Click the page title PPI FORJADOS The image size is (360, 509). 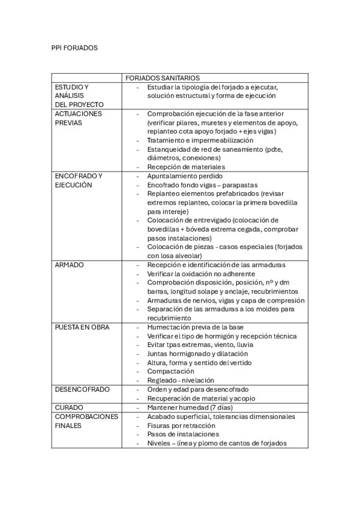point(74,47)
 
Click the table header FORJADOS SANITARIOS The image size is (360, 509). point(162,78)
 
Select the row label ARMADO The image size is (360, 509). point(70,265)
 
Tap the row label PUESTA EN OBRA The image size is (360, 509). point(82,327)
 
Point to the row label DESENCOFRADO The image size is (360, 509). point(82,390)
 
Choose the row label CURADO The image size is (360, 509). point(69,408)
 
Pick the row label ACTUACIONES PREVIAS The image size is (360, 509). point(78,118)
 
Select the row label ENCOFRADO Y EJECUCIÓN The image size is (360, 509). point(79,181)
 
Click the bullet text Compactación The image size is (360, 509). point(172,372)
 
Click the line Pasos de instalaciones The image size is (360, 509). point(183,434)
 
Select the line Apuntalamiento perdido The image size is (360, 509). point(185,176)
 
